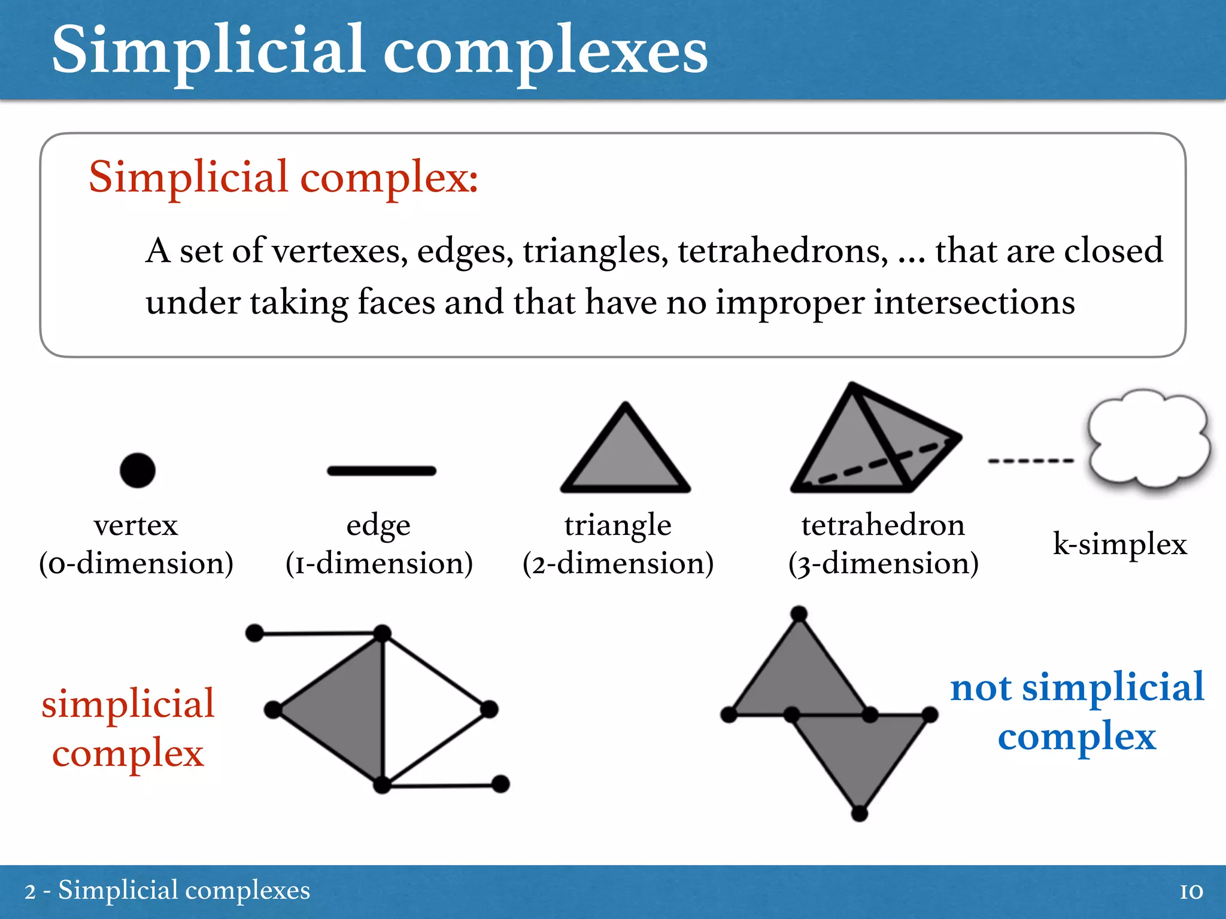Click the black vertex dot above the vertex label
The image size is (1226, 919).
pos(137,470)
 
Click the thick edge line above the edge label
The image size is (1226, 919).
pos(381,471)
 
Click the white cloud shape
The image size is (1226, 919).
pos(1148,440)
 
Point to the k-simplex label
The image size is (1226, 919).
pos(1119,544)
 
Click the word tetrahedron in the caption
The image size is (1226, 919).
pos(883,526)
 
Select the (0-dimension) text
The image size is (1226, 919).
pos(136,564)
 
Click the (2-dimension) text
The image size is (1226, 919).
pos(618,564)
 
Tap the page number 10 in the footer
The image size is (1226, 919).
pos(1191,892)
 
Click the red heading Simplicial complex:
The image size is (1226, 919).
pos(283,178)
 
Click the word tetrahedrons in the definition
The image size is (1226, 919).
pos(783,251)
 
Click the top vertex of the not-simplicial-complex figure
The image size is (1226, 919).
pos(799,614)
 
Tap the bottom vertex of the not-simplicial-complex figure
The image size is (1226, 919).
pos(860,813)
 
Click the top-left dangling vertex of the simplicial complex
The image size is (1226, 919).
pos(255,632)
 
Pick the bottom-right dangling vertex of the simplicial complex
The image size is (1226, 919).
pos(500,784)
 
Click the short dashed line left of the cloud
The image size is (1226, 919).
pos(1030,461)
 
